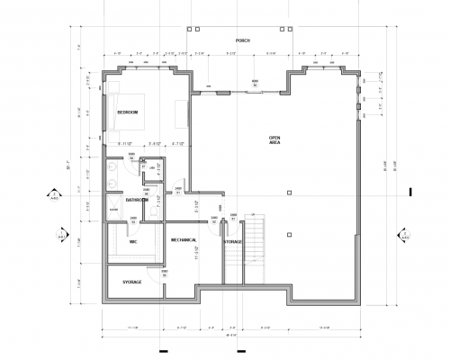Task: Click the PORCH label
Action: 240,40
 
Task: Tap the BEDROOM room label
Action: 127,112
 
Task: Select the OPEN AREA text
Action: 275,139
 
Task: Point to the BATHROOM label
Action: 137,200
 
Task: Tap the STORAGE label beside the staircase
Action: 232,242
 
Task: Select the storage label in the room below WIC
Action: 132,283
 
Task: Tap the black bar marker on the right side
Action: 410,191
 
